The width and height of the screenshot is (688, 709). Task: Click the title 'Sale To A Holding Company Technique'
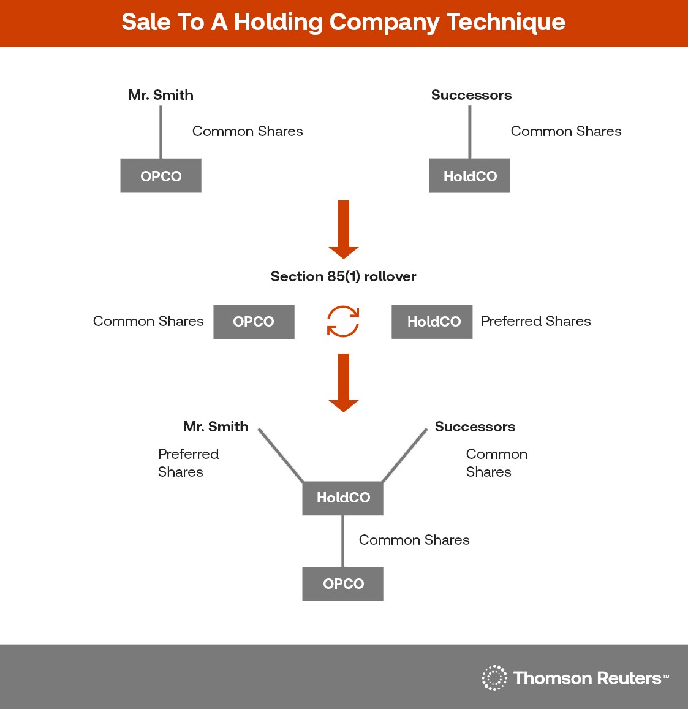(x=343, y=22)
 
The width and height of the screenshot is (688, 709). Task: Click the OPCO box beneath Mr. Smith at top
(x=161, y=175)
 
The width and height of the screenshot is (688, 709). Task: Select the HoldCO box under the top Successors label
(x=470, y=175)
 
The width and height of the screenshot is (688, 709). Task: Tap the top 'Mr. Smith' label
(x=161, y=95)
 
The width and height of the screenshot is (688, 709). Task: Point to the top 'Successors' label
(x=472, y=95)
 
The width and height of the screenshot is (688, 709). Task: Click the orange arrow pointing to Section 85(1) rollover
(x=344, y=230)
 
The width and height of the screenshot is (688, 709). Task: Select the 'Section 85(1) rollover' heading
(x=344, y=276)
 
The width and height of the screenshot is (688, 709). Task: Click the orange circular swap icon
(x=343, y=322)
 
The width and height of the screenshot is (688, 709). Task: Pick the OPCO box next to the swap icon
(x=254, y=322)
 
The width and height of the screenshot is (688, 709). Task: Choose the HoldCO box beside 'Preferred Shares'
(x=432, y=322)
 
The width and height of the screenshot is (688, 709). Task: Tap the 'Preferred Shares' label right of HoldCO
(x=536, y=321)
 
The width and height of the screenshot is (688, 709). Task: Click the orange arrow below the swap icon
(x=344, y=383)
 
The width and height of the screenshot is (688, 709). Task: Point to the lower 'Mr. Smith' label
(x=216, y=427)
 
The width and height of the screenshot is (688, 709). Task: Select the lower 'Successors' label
(x=475, y=427)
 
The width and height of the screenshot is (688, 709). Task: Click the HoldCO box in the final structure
(x=342, y=498)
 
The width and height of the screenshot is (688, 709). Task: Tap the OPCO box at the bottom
(x=342, y=584)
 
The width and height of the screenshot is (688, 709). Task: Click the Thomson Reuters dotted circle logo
(x=494, y=678)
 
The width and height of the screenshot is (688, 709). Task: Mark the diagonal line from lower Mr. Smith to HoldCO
(x=281, y=455)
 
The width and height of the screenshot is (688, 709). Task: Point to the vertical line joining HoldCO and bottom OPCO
(x=342, y=541)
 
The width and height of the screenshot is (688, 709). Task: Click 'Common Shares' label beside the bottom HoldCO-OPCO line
(x=415, y=540)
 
